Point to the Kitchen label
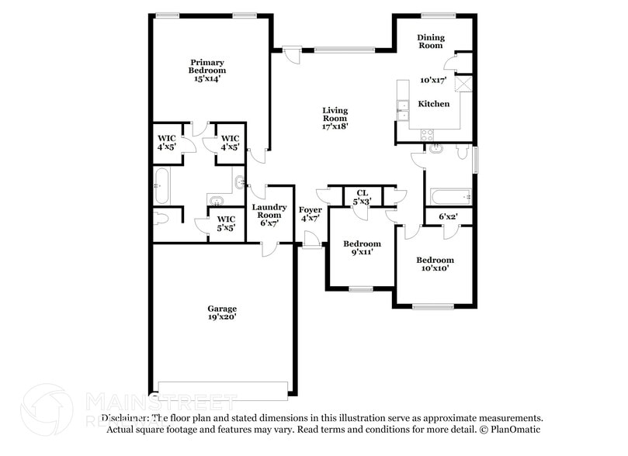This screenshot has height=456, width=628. pyautogui.click(x=434, y=103)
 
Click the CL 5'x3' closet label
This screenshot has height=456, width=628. pyautogui.click(x=363, y=196)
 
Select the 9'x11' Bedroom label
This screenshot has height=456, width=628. pyautogui.click(x=363, y=247)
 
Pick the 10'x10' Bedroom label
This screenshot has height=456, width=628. pyautogui.click(x=435, y=264)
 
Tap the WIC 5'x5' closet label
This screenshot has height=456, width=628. pyautogui.click(x=227, y=224)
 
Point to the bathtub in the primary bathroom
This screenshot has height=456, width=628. pyautogui.click(x=161, y=182)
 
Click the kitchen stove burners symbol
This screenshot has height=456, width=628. pyautogui.click(x=427, y=133)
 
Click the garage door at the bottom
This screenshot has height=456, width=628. pyautogui.click(x=224, y=388)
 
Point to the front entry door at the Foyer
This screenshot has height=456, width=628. pyautogui.click(x=313, y=247)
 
